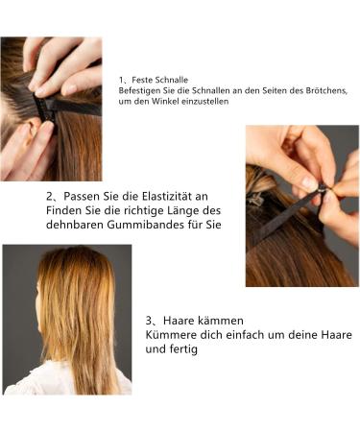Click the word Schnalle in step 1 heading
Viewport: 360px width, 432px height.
click(x=173, y=80)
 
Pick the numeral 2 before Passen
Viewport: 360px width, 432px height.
click(x=49, y=196)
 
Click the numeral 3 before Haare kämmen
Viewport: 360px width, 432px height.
click(x=149, y=321)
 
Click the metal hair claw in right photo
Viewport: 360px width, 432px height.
click(x=256, y=199)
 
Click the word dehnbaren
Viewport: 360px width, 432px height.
click(x=75, y=225)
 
